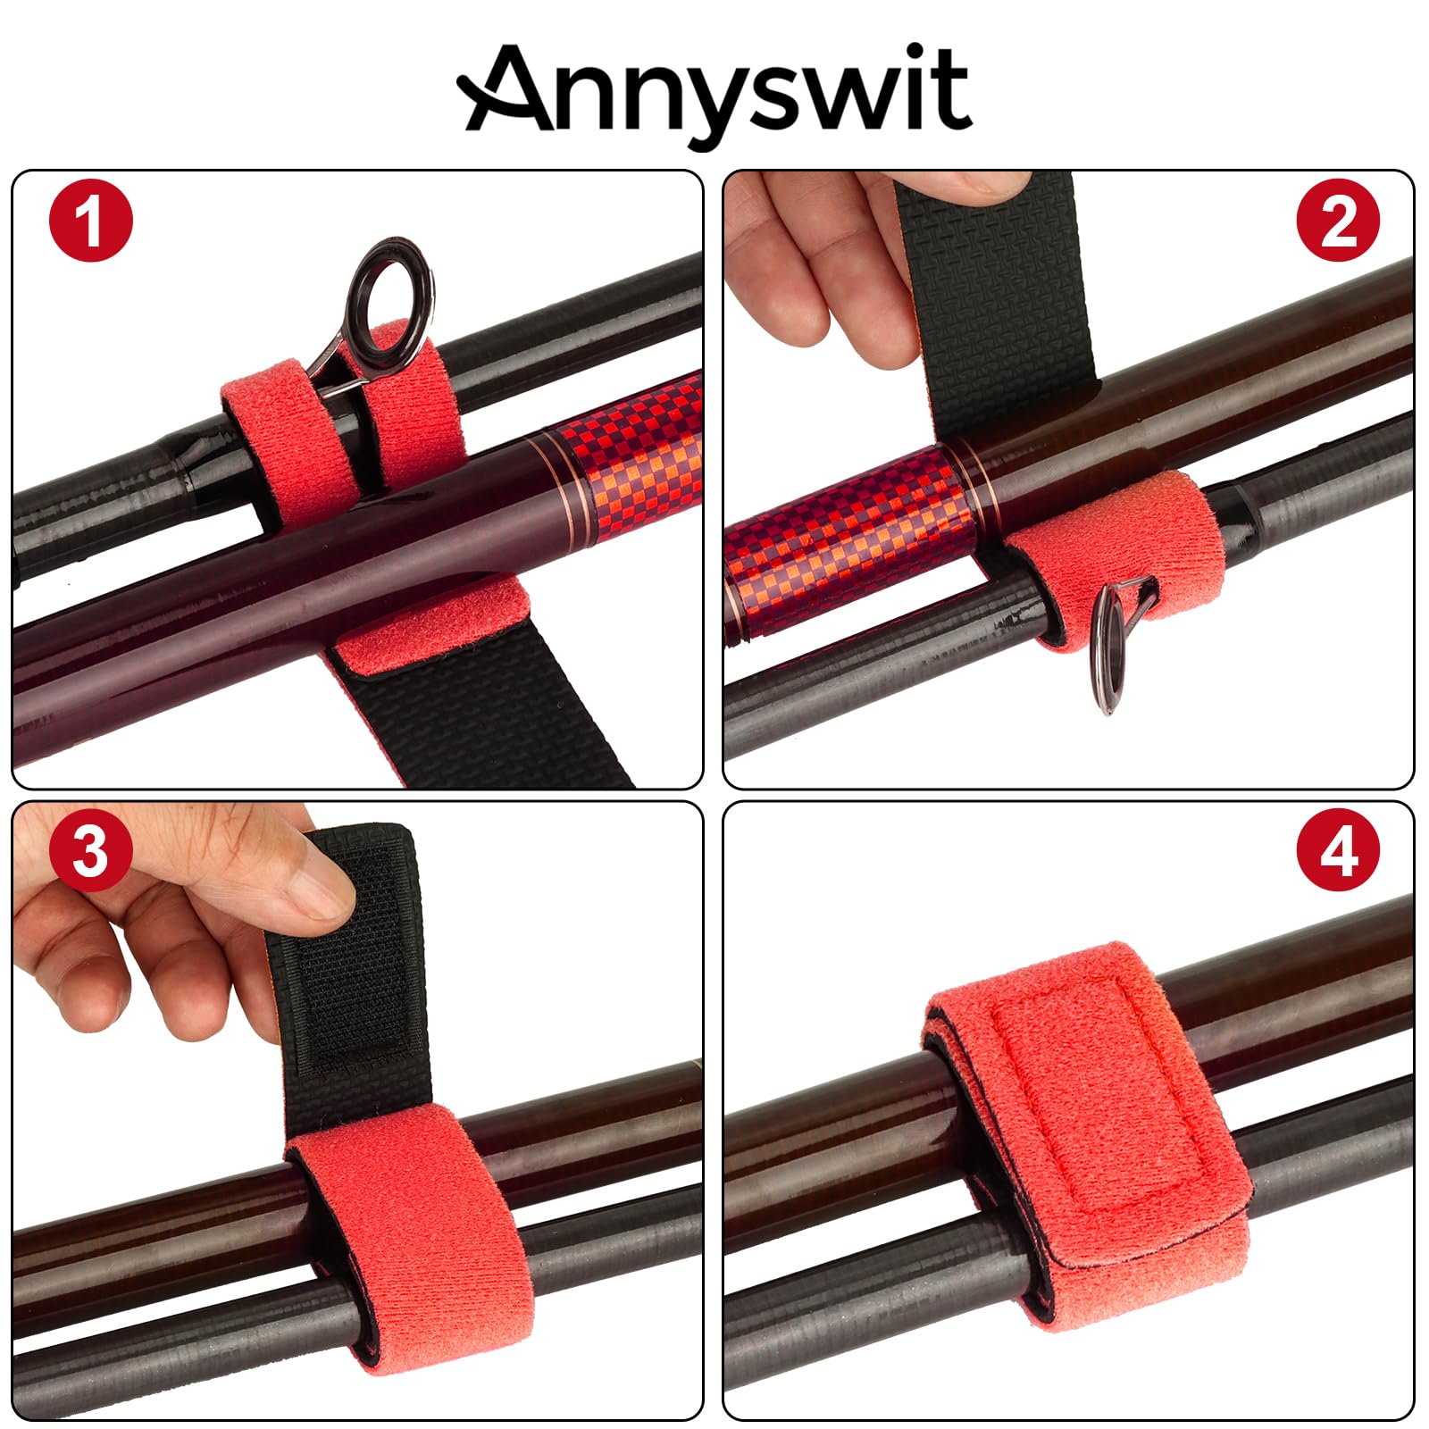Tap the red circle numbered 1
tap(90, 221)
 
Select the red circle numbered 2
tap(1338, 221)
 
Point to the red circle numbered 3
tap(90, 851)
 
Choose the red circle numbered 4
tap(1338, 851)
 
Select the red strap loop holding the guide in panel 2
tap(1107, 558)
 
